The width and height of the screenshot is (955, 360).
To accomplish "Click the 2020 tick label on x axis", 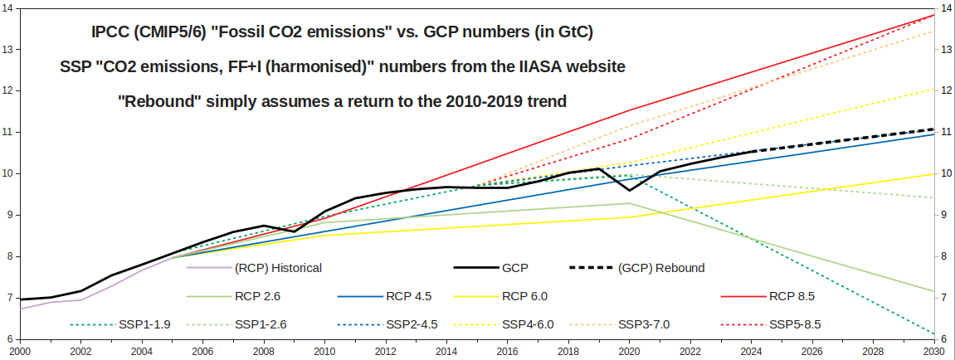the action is click(629, 352).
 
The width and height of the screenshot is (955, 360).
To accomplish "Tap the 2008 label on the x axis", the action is click(263, 352).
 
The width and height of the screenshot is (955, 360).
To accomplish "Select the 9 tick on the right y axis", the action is click(944, 215).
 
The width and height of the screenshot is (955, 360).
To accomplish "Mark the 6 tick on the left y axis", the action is click(8, 339).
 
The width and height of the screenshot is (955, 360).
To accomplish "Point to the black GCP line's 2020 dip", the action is click(629, 225).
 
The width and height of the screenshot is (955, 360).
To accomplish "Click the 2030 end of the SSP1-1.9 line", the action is click(934, 334).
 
